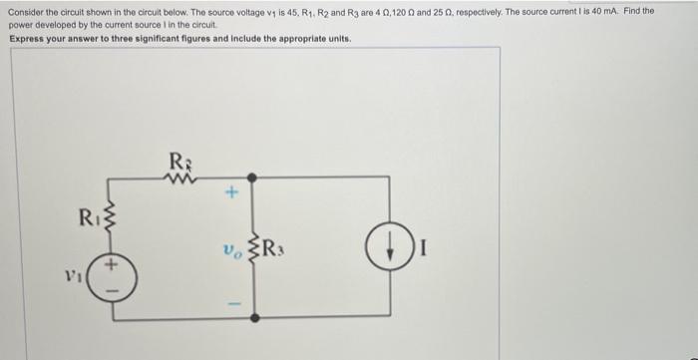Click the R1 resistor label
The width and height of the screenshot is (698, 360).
89,216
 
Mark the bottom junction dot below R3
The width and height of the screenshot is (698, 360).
253,317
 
